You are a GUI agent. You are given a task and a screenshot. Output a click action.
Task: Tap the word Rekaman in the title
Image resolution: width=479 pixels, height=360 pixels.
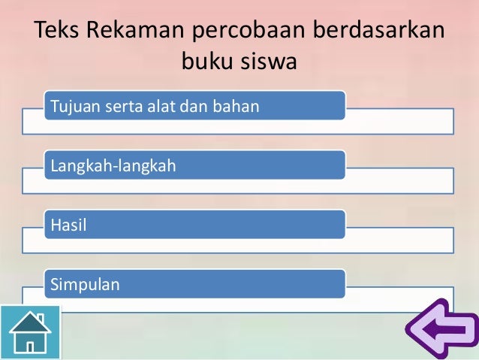click(134, 33)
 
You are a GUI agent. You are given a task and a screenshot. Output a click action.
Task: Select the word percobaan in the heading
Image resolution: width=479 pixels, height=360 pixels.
click(250, 33)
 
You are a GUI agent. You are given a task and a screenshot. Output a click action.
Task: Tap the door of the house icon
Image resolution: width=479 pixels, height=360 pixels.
click(31, 346)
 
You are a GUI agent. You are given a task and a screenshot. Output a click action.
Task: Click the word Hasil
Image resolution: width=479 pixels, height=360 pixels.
click(65, 225)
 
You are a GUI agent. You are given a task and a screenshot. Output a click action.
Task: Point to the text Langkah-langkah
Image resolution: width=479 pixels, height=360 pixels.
click(113, 165)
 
